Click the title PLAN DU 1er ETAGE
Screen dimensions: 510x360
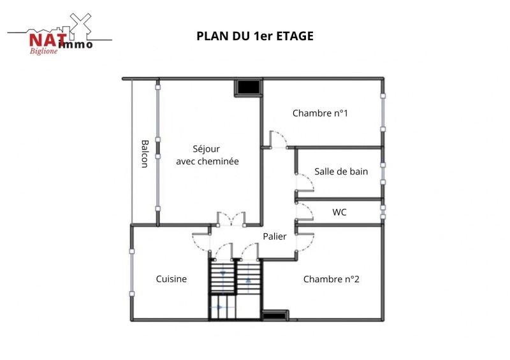(255, 36)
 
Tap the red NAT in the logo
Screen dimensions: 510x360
(48, 40)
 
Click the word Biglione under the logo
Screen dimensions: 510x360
(43, 51)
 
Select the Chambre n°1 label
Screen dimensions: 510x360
(320, 113)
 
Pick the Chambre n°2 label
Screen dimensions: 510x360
(331, 279)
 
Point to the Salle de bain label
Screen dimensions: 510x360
(341, 171)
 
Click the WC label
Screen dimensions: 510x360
(339, 212)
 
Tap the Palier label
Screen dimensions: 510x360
(275, 236)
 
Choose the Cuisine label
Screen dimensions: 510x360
(171, 278)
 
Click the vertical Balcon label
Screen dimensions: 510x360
(145, 154)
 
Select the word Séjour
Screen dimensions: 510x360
(206, 149)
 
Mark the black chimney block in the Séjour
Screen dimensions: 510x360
(249, 87)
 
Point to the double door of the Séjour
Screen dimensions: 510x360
(231, 219)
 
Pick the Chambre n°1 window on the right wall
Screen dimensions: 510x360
(383, 113)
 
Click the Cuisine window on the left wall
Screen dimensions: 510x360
(132, 273)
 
